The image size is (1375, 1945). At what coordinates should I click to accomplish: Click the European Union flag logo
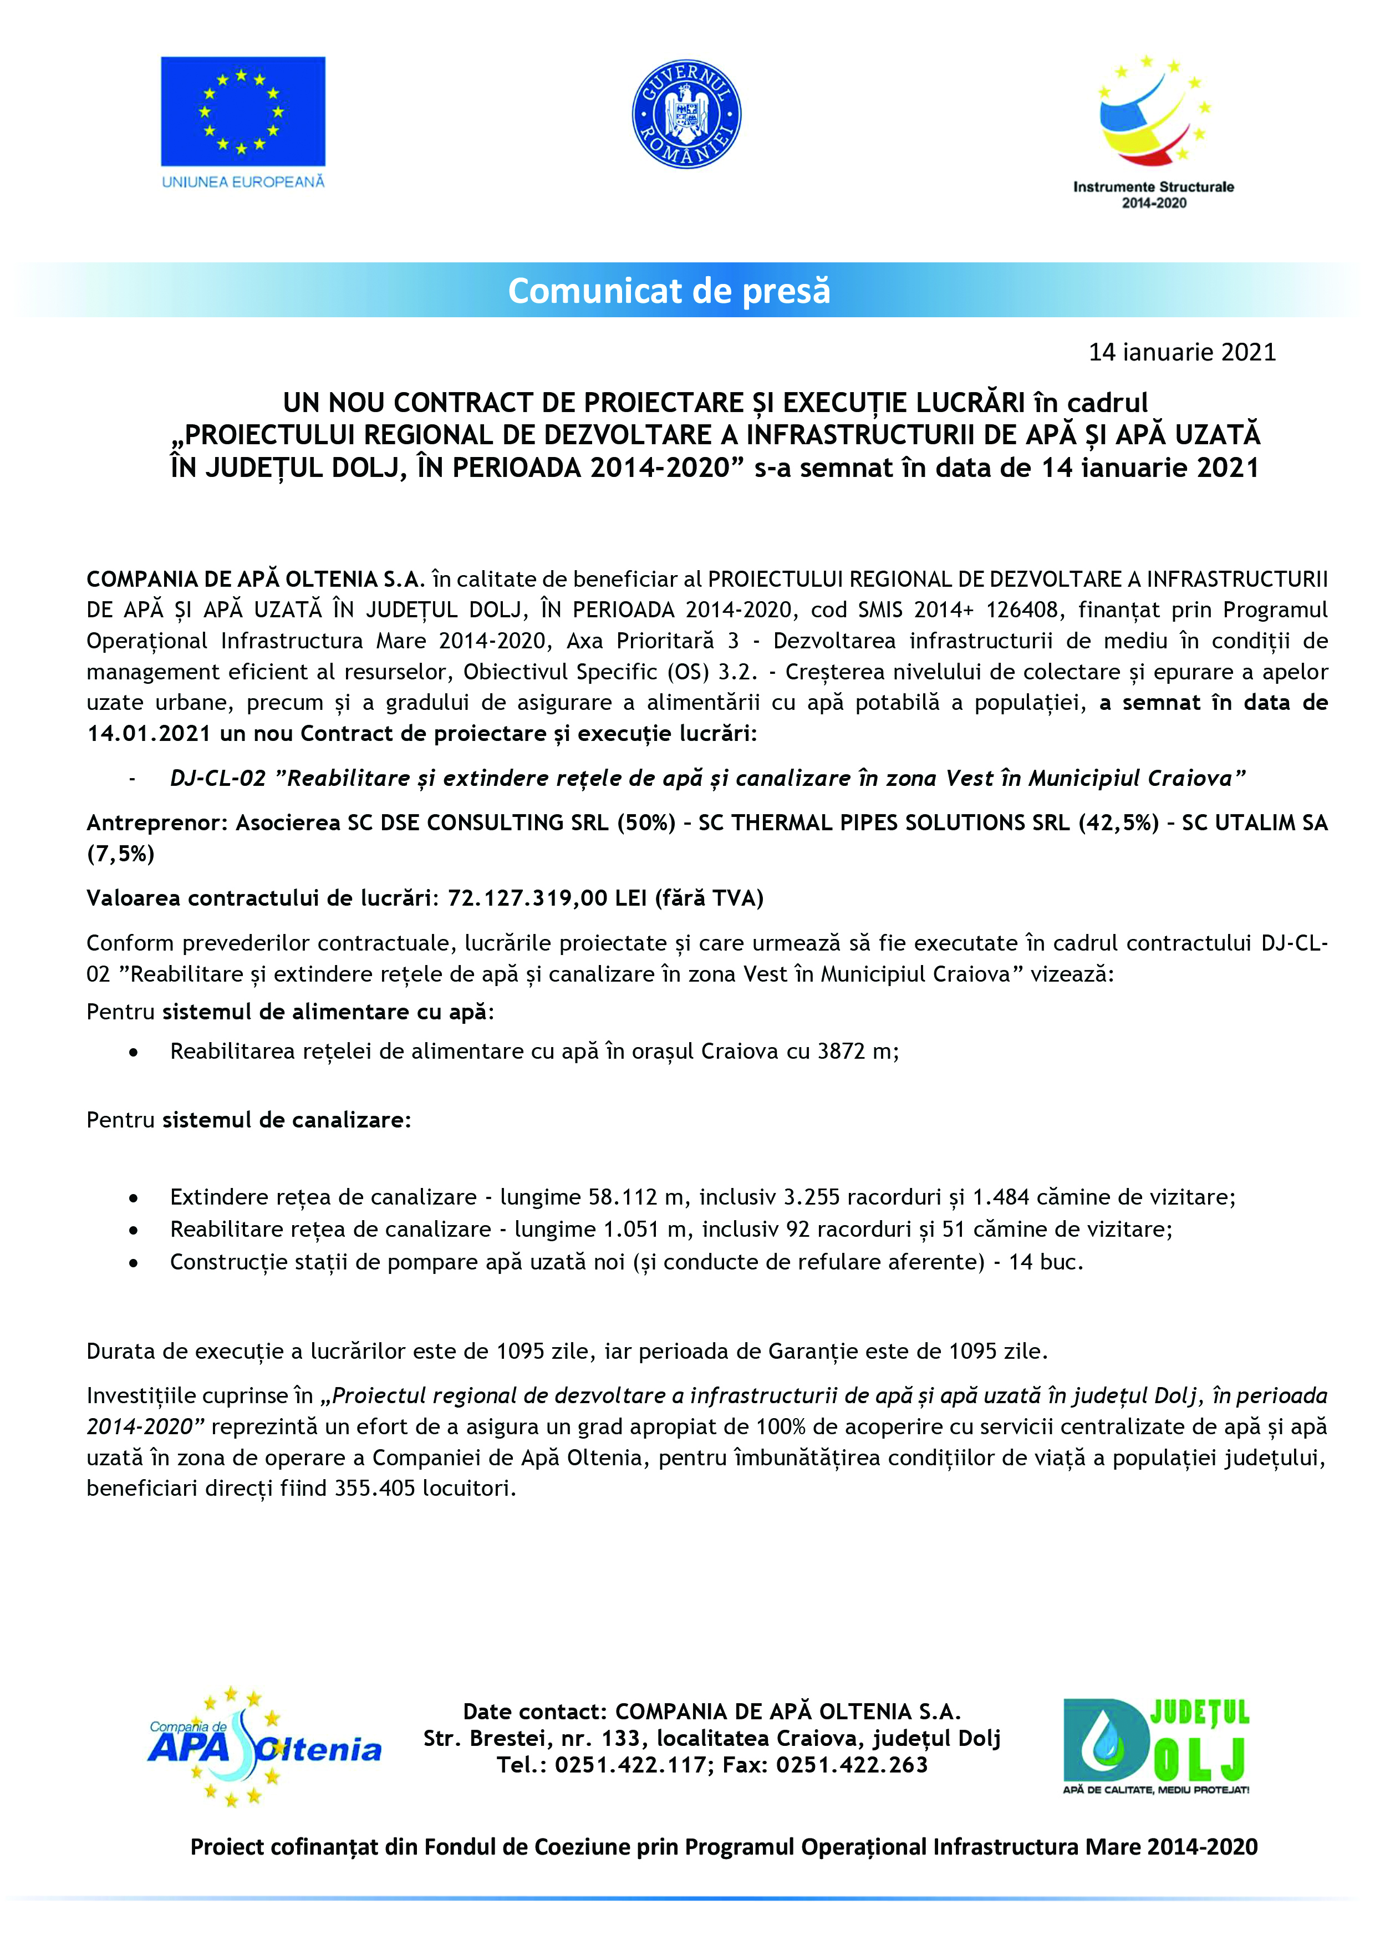(x=243, y=112)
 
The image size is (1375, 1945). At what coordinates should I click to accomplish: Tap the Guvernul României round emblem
(x=686, y=114)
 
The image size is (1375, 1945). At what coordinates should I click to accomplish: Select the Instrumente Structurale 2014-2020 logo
(x=1153, y=131)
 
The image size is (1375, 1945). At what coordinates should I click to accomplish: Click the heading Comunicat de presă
(x=669, y=291)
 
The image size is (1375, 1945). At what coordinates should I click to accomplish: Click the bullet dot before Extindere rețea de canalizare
(x=134, y=1198)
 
